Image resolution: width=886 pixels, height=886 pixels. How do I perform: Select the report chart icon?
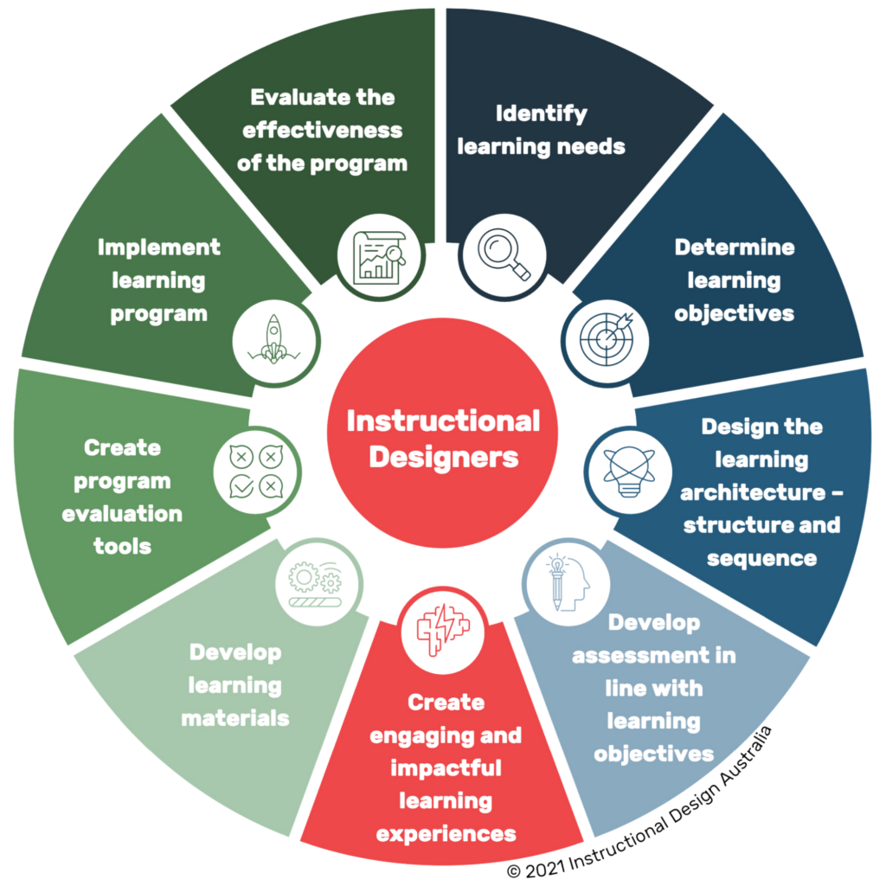pos(379,256)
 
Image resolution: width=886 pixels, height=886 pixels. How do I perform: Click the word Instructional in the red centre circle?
pos(443,421)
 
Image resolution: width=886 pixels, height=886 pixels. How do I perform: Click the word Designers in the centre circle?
pos(443,456)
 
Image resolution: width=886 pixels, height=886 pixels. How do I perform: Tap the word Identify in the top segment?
pos(542,113)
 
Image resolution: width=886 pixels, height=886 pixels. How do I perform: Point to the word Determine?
pos(735,247)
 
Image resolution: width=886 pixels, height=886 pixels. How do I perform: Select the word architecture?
pos(751,492)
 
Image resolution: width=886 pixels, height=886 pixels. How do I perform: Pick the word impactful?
pos(446,768)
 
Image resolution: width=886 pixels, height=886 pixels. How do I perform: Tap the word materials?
pos(235,718)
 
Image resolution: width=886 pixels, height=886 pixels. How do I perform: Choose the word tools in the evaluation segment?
pos(123,547)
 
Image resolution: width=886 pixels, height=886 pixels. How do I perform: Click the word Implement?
pos(159,247)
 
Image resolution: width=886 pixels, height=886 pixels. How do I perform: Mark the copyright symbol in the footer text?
pos(513,870)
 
